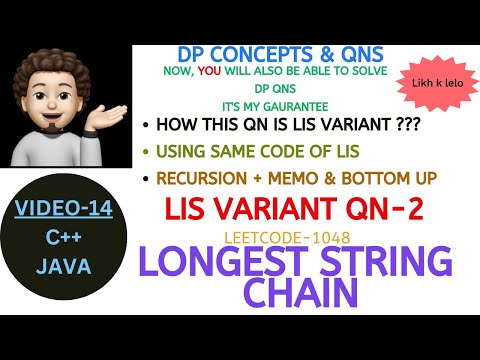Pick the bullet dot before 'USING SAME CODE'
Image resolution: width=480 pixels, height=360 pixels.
tap(146, 154)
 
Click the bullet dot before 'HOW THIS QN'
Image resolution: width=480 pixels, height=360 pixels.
tap(146, 127)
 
